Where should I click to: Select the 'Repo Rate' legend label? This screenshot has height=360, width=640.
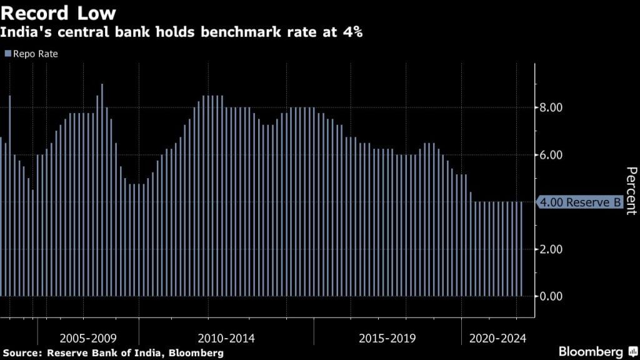35,54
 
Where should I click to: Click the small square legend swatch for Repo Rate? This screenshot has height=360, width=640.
7,54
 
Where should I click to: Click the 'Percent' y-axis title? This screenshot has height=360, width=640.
631,191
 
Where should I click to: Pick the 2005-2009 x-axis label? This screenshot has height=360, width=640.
87,338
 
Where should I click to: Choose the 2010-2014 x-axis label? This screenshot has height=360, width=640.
226,338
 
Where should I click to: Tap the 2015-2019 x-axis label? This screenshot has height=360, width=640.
387,338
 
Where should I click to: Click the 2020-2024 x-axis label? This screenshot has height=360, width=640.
498,338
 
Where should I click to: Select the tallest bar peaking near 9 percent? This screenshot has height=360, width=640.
102,187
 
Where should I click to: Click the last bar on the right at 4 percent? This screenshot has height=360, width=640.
522,250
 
